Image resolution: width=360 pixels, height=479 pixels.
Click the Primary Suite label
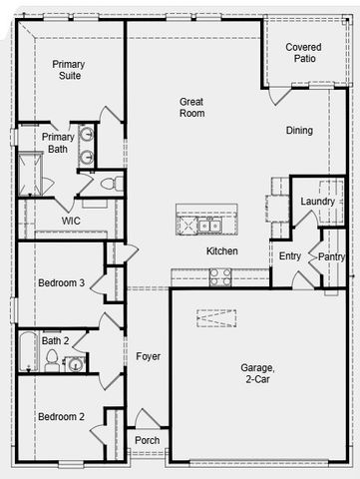point(69,70)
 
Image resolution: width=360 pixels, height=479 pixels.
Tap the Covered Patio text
point(303,54)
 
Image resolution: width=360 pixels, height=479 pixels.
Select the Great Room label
point(192,107)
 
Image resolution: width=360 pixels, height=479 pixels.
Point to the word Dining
point(299,131)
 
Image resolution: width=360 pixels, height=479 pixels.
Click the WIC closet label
point(71,221)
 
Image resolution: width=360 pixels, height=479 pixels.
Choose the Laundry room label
point(317,202)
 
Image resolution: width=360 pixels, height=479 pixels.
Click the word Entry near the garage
point(290,256)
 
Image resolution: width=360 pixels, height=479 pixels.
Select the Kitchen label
point(222,251)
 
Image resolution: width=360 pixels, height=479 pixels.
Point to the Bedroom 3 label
point(61,283)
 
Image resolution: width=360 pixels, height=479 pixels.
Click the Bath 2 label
point(55,341)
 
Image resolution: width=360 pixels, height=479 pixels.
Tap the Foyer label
point(148,356)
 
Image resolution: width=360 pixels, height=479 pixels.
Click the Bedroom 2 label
point(61,416)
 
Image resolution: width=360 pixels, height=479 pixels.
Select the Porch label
point(148,440)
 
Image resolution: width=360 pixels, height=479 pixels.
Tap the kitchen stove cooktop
point(220,276)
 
